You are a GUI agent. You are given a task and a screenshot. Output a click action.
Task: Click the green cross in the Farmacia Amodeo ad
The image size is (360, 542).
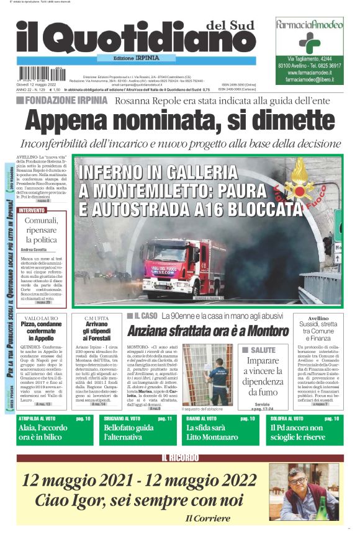(x=308, y=43)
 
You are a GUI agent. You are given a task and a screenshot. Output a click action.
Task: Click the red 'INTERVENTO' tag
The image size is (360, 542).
(x=32, y=210)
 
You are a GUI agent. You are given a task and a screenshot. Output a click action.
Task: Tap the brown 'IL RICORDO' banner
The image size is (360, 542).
(x=179, y=458)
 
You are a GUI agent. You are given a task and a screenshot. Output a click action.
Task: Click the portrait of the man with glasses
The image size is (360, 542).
(x=304, y=492)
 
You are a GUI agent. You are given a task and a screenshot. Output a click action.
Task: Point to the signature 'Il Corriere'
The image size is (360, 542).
(x=207, y=518)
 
